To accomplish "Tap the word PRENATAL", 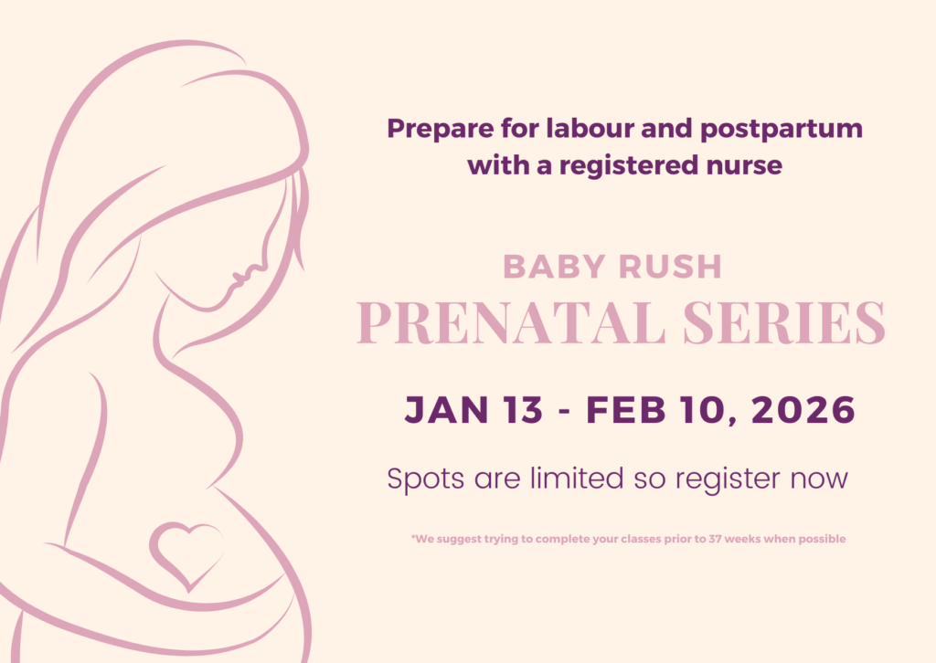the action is (511, 322).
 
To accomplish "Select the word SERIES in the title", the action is (784, 322).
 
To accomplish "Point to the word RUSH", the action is (671, 267).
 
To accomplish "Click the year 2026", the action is (803, 410).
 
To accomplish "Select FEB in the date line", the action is (625, 410).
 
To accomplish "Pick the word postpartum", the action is (782, 130).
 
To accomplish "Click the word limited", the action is (578, 478).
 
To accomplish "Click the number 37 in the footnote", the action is (715, 539).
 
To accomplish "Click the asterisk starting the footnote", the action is (413, 537).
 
